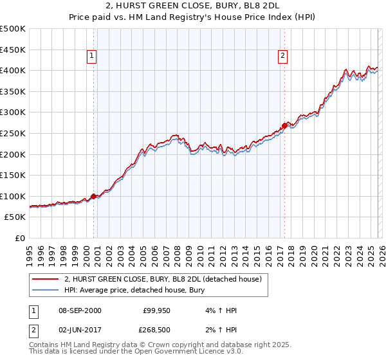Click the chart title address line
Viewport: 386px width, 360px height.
tap(192, 7)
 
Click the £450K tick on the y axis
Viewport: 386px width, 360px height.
tap(13, 50)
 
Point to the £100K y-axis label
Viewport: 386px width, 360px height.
tap(13, 196)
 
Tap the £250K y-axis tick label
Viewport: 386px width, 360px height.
tap(13, 133)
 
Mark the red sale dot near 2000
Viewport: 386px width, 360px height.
tap(94, 196)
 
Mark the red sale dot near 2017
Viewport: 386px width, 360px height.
tap(284, 125)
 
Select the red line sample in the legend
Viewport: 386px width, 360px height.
tap(45, 280)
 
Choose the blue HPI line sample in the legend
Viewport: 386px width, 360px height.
tap(45, 291)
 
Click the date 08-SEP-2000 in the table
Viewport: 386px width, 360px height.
tap(80, 310)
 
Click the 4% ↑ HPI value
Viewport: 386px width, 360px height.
tap(221, 310)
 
